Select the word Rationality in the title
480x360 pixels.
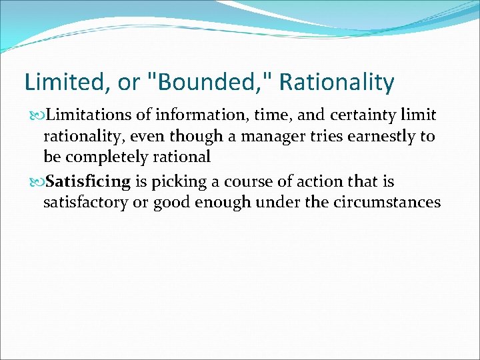click(x=337, y=83)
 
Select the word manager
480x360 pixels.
click(x=281, y=137)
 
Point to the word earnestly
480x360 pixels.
click(x=382, y=137)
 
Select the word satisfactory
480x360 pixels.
click(x=86, y=202)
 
